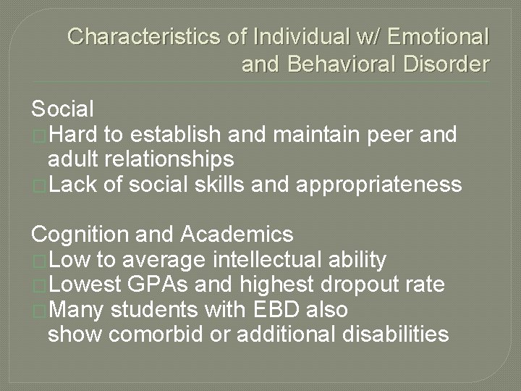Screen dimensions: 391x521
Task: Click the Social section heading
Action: pyautogui.click(x=63, y=109)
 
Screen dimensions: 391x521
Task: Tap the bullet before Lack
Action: pyautogui.click(x=39, y=185)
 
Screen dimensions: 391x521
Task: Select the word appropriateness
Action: pyautogui.click(x=378, y=185)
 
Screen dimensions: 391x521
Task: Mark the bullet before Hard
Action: pyautogui.click(x=39, y=135)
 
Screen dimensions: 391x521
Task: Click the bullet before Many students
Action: pyautogui.click(x=39, y=310)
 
